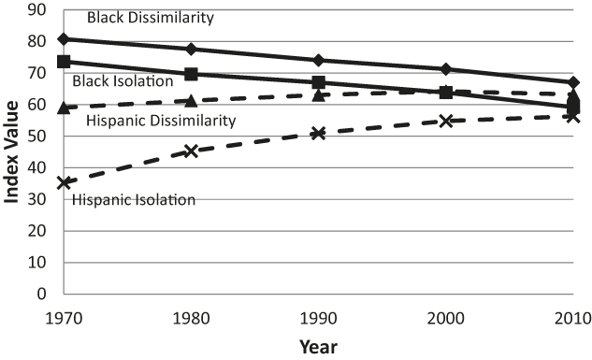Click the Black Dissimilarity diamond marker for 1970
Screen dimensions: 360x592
click(64, 38)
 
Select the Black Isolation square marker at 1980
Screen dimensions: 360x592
click(191, 74)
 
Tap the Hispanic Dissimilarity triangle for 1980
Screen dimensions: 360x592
click(191, 101)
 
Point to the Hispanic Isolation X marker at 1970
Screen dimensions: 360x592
click(64, 182)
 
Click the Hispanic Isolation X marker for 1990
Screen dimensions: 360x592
click(318, 133)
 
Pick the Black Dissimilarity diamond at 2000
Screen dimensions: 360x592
click(446, 69)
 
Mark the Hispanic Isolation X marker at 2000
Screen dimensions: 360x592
click(446, 121)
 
